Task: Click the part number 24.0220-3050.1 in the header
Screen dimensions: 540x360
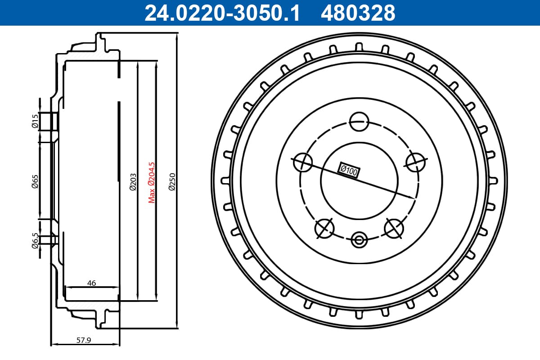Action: point(222,13)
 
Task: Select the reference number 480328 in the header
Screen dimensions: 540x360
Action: point(358,13)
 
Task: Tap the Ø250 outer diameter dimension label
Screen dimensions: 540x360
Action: point(172,182)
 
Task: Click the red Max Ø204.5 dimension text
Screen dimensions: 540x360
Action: point(152,183)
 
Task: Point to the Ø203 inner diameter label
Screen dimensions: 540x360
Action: point(133,182)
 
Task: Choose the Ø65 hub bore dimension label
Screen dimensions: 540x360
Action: point(35,181)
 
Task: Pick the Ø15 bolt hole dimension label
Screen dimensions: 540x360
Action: point(35,121)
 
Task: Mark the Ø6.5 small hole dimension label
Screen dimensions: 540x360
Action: point(35,241)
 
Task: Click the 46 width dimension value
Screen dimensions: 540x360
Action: point(92,283)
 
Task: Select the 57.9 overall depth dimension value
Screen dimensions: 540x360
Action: point(84,340)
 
